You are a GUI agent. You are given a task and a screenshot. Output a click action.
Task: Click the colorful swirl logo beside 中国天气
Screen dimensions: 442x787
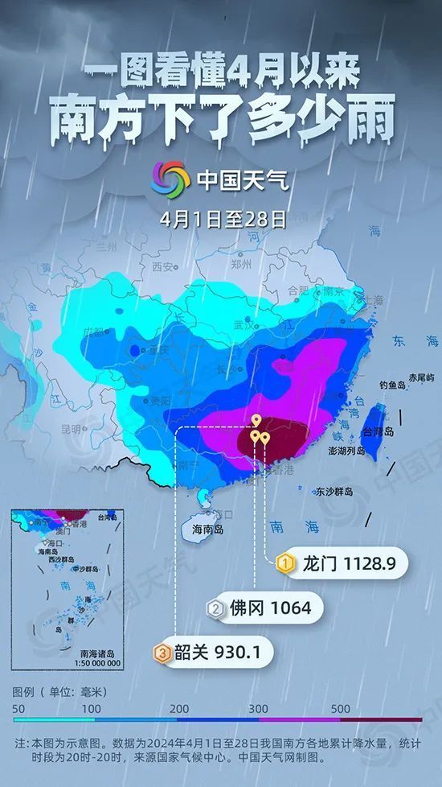click(x=170, y=179)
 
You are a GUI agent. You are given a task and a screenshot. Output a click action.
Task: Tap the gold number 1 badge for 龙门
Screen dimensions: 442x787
click(x=284, y=564)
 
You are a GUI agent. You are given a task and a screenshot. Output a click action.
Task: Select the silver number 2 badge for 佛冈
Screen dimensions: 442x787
click(x=215, y=608)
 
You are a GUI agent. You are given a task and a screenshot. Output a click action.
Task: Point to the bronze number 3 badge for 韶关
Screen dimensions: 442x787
click(x=163, y=653)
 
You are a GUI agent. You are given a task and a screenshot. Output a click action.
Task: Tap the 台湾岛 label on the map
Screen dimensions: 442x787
click(x=379, y=432)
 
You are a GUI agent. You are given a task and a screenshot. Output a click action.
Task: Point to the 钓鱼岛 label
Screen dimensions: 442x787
click(x=394, y=385)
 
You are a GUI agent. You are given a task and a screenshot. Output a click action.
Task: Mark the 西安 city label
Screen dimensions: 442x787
click(x=163, y=266)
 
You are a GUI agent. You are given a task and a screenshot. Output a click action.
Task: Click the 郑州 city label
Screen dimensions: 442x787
click(x=241, y=262)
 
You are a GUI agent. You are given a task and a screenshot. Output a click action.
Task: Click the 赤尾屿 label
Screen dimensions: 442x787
click(x=420, y=377)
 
